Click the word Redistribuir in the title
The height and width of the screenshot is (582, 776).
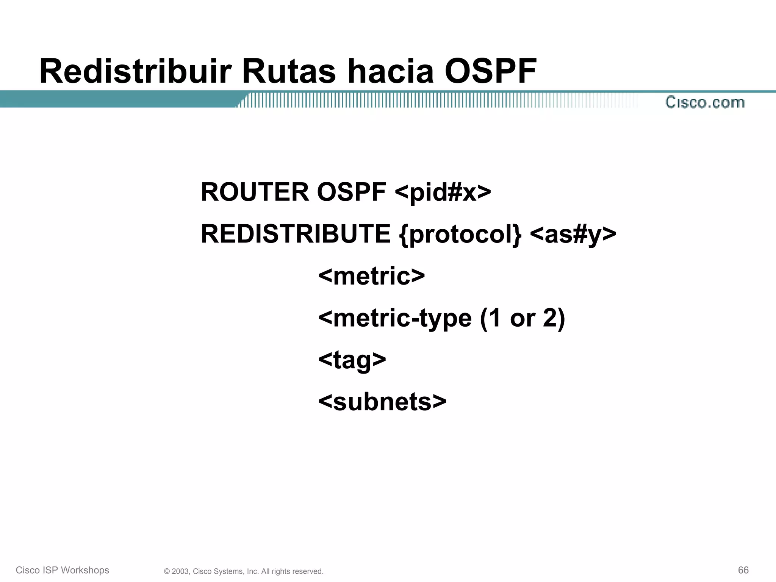tap(135, 71)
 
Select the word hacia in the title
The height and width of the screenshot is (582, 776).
tap(390, 71)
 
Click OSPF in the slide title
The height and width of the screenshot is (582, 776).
tap(490, 71)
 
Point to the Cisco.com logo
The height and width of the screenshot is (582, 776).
tap(705, 102)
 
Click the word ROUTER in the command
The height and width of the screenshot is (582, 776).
tap(255, 192)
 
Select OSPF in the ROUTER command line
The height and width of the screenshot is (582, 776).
tap(351, 192)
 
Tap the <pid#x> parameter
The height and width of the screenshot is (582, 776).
tap(443, 192)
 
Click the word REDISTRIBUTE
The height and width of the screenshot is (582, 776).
tap(296, 233)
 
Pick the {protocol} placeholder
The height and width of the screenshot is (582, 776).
tap(460, 234)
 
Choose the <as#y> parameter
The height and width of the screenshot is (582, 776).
tap(573, 234)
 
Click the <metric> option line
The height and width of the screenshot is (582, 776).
tap(371, 276)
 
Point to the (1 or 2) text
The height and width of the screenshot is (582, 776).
tap(523, 318)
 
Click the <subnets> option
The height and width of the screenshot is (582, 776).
tap(382, 402)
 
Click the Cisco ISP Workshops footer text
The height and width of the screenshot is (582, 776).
tap(63, 570)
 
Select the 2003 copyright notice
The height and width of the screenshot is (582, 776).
tap(244, 571)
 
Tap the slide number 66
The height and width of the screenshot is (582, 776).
tap(743, 570)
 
